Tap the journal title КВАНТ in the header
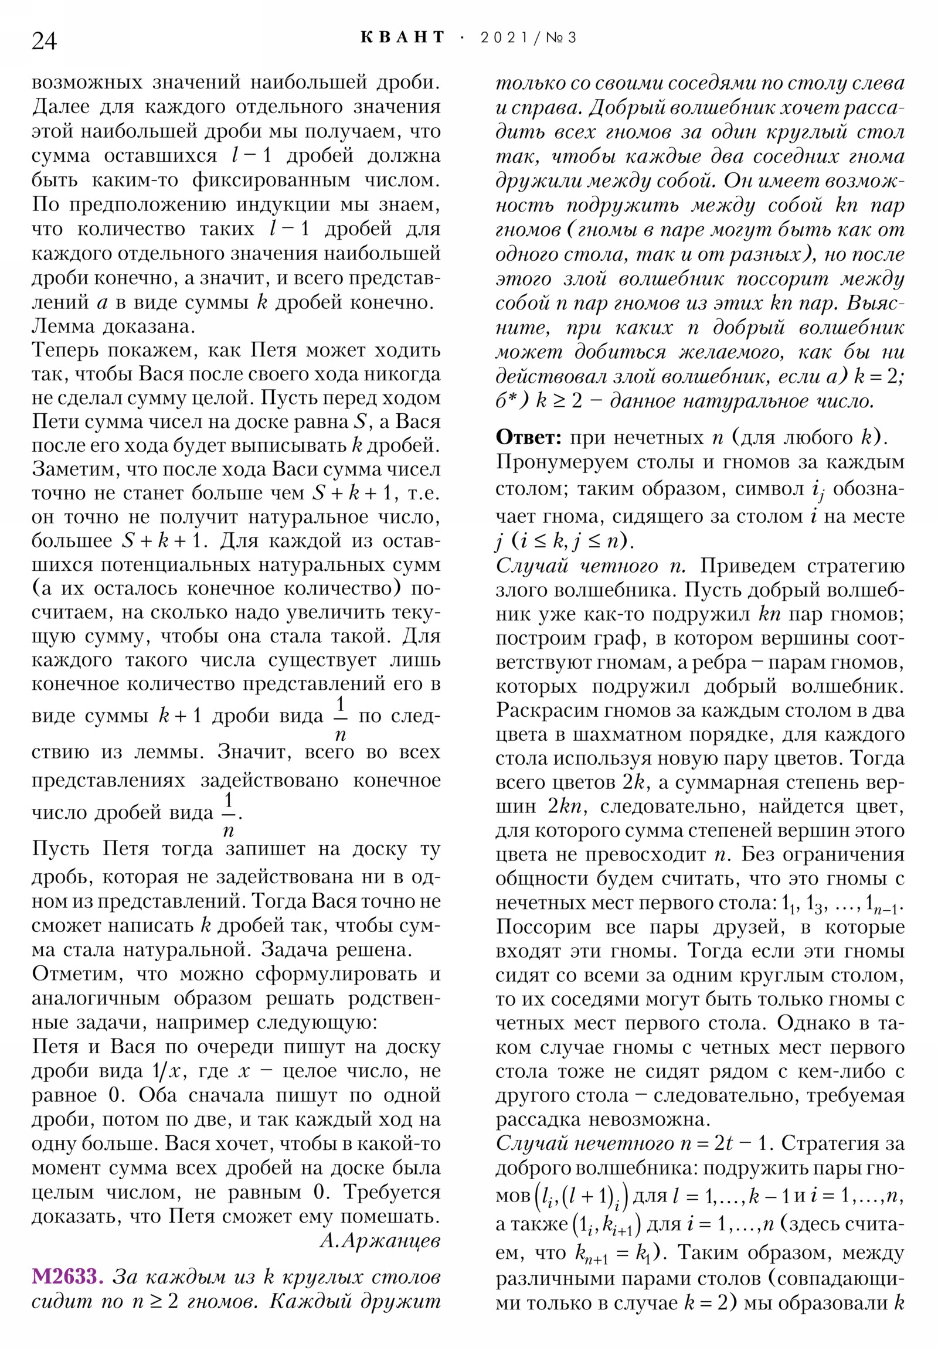(402, 38)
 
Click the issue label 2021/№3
(528, 38)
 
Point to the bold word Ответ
(529, 437)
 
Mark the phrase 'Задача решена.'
(337, 949)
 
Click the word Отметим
(77, 973)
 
